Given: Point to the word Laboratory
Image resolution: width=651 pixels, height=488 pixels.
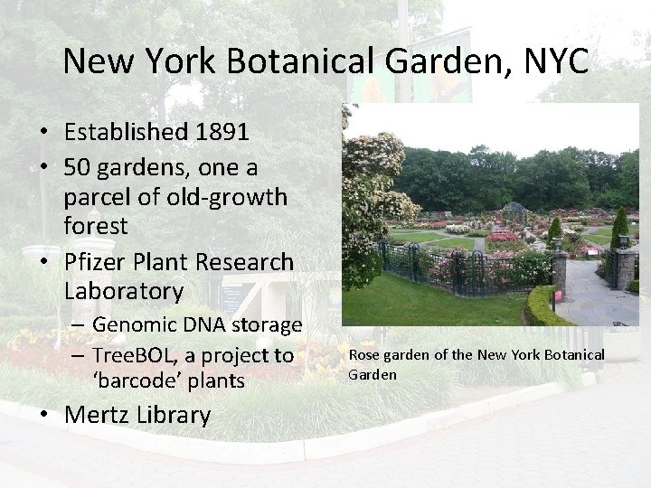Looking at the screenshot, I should (x=124, y=291).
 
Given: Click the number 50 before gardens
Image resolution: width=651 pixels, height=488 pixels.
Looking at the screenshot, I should (x=78, y=167).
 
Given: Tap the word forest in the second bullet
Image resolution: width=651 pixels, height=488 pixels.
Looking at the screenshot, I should (x=96, y=225).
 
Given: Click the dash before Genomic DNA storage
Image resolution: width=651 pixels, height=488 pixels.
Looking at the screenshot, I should (x=78, y=324).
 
